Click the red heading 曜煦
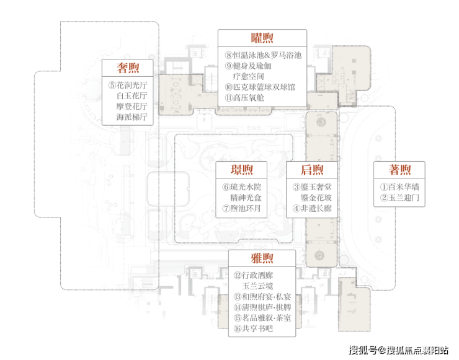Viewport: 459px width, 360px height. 262,38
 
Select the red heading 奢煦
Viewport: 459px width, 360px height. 128,68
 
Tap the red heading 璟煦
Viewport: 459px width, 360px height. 241,170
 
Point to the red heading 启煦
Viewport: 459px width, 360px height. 312,170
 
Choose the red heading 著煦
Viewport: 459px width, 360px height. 399,170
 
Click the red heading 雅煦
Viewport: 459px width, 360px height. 262,258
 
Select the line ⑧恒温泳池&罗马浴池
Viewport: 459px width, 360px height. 263,55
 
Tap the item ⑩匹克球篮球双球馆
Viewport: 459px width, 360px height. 260,87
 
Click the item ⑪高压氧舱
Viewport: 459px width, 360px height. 244,98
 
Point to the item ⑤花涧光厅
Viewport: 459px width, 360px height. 128,85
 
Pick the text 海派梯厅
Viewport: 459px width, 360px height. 131,117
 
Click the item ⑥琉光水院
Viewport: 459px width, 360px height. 242,187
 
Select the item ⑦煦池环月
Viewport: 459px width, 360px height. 241,208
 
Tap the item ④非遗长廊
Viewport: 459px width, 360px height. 312,208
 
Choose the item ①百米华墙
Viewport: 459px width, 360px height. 399,187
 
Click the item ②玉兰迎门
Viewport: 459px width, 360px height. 399,198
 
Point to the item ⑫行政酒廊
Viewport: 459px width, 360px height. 253,275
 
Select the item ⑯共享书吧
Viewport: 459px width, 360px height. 253,328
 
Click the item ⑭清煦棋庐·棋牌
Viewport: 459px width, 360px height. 262,307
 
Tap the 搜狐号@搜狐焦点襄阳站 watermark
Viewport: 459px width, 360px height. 398,350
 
